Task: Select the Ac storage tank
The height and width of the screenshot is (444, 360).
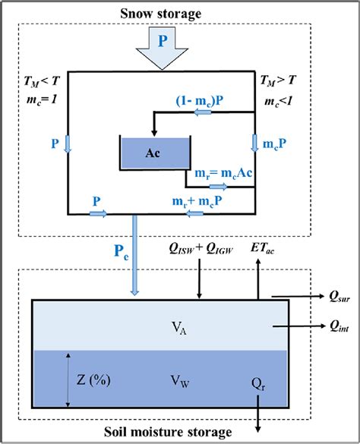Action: (153, 153)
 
